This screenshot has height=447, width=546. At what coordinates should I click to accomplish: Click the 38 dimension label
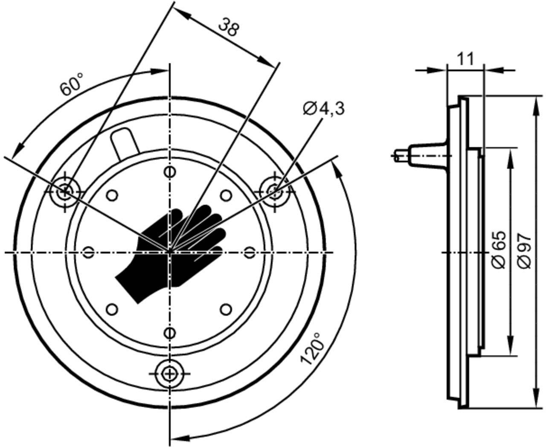(229, 27)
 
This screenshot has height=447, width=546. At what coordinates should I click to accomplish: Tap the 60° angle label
(72, 84)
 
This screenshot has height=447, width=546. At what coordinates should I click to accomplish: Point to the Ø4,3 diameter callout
(324, 108)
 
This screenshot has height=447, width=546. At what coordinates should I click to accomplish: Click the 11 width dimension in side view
(465, 58)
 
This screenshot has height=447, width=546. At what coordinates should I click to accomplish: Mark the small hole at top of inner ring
(170, 172)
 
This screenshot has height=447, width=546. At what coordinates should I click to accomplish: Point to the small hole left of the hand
(88, 253)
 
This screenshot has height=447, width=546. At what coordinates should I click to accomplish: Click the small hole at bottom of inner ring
(170, 333)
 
